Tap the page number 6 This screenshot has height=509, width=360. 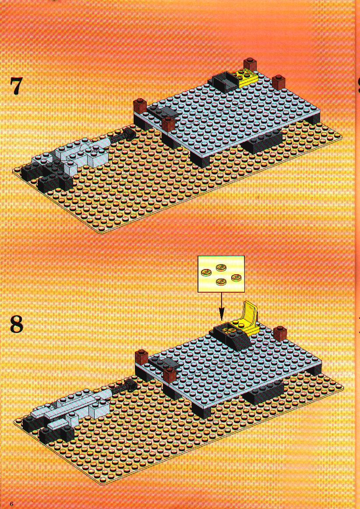point(12,504)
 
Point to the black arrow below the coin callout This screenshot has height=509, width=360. point(222,307)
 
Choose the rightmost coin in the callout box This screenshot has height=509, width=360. point(236,278)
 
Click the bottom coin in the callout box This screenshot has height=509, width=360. point(222,281)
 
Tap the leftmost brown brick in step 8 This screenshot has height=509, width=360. point(141,358)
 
